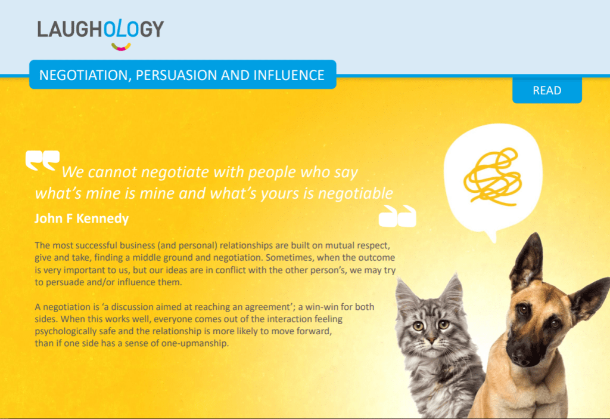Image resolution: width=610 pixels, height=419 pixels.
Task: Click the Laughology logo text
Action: (100, 29)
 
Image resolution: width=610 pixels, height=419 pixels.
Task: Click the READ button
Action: (547, 91)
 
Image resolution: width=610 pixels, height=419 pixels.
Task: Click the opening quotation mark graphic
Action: (42, 160)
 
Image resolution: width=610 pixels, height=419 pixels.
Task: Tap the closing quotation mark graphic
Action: (397, 216)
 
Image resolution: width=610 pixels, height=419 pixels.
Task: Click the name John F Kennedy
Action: (81, 218)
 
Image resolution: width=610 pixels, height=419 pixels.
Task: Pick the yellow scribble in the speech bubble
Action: (493, 177)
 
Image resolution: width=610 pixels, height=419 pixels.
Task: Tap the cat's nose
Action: (431, 340)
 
